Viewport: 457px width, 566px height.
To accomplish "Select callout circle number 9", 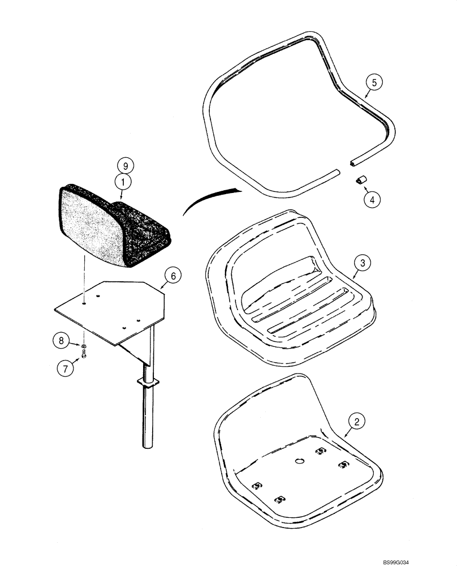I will click(126, 166).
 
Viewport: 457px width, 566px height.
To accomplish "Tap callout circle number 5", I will click(373, 82).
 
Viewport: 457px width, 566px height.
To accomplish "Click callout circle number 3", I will click(362, 263).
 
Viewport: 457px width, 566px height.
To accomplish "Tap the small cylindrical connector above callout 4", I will click(361, 180).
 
